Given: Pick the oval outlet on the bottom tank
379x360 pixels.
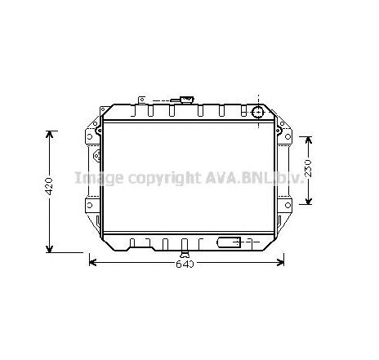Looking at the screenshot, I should click(x=230, y=242).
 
